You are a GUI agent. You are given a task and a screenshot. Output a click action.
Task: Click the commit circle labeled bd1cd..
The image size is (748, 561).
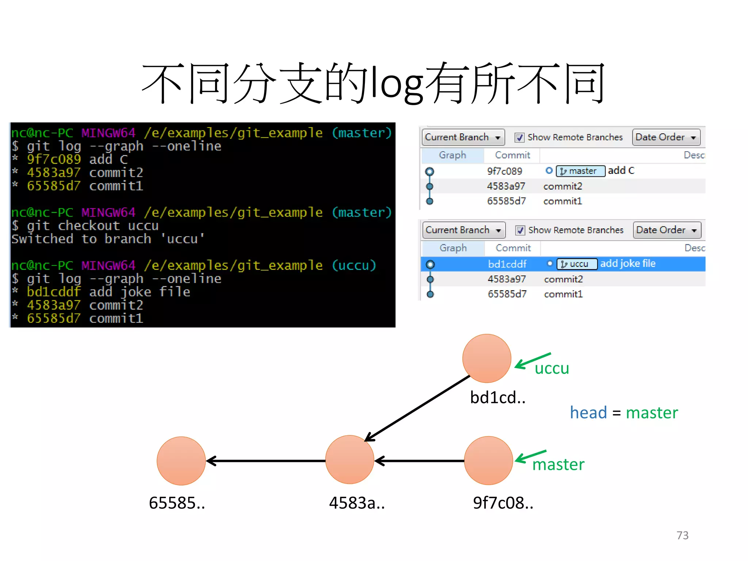[486, 358]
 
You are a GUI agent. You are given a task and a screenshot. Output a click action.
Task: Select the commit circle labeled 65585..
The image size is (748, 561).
[181, 461]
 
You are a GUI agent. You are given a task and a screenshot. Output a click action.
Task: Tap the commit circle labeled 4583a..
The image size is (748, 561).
[350, 459]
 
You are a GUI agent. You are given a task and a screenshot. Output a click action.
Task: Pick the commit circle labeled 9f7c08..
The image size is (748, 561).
[488, 460]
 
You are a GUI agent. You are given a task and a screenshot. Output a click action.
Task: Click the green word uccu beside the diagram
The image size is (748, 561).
[552, 368]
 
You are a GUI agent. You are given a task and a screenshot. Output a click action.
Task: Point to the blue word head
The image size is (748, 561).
[588, 413]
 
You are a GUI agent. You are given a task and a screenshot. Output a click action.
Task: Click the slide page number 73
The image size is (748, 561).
[682, 535]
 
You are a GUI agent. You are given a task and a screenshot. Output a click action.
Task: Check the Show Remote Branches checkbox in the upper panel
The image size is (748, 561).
[519, 137]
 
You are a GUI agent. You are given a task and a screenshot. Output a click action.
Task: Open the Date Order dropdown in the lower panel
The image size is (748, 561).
[667, 230]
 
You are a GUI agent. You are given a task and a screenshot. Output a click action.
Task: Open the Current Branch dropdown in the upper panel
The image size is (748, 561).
[463, 137]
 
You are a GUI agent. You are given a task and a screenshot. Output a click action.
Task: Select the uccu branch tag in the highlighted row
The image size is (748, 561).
[577, 264]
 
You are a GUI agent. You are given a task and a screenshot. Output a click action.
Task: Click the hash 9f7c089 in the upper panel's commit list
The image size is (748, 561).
[504, 171]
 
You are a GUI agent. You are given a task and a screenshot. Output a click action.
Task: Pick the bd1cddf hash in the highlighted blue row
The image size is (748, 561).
[507, 264]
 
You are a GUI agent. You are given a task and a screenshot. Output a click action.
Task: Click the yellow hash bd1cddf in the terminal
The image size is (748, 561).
[54, 292]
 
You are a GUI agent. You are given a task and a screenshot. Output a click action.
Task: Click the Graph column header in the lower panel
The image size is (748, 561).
[453, 248]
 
